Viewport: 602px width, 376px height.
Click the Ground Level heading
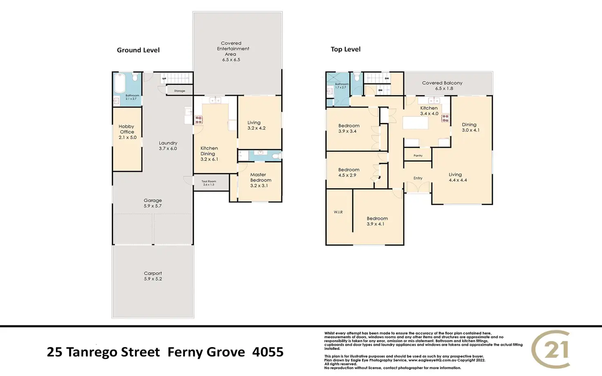(138, 50)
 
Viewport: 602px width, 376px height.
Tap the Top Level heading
(346, 49)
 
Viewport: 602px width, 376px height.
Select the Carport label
(153, 273)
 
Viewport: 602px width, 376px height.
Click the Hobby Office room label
(127, 129)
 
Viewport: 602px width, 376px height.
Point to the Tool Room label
(209, 181)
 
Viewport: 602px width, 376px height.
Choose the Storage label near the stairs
(180, 91)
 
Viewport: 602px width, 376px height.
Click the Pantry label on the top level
(418, 155)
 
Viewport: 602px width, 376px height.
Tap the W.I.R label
(338, 212)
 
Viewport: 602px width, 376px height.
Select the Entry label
(418, 178)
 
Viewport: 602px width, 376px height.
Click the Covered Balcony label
(442, 83)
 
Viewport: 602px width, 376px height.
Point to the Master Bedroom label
(261, 177)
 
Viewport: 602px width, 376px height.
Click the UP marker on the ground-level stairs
(164, 79)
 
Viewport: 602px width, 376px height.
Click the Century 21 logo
(551, 349)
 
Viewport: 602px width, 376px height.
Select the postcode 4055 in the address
(268, 352)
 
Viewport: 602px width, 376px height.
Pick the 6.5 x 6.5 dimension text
(231, 60)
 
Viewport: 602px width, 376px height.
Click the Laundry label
(168, 143)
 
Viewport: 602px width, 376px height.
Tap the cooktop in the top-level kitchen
(445, 119)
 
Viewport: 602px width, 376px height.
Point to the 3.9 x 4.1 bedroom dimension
(375, 224)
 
